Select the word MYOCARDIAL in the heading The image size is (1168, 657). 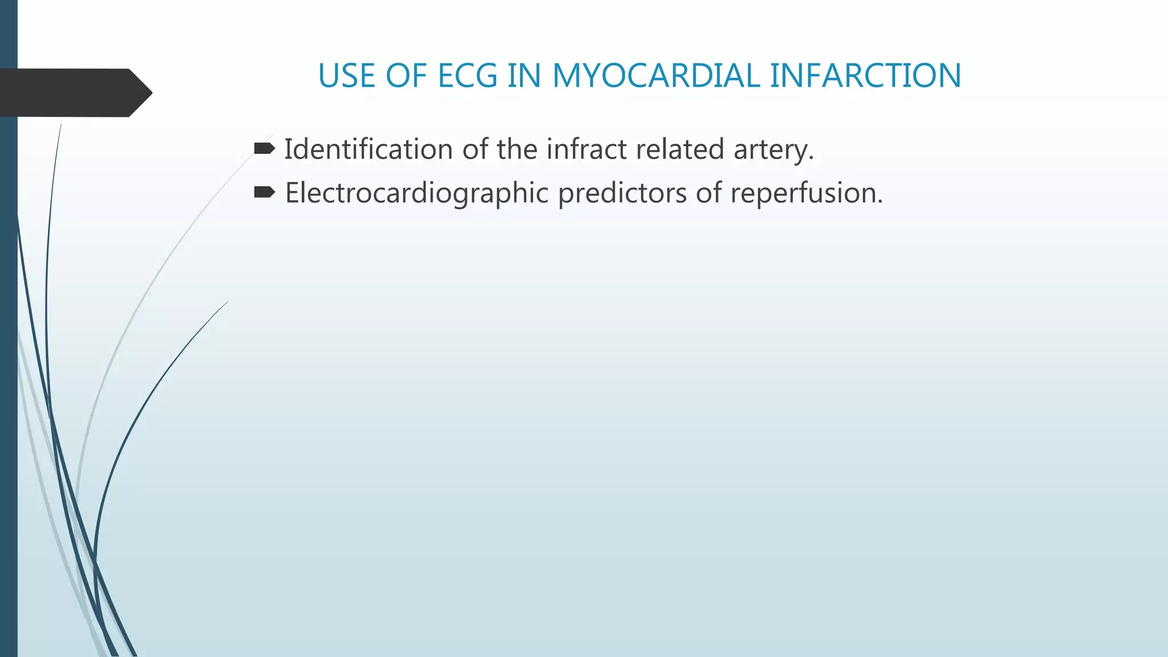click(x=656, y=76)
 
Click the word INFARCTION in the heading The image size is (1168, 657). click(x=865, y=76)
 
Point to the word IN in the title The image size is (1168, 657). click(x=524, y=76)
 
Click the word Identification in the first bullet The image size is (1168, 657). click(x=368, y=149)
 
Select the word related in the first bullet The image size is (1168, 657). click(x=680, y=149)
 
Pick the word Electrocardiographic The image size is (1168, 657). click(x=416, y=193)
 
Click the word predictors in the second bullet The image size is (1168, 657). click(x=622, y=193)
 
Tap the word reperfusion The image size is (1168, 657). click(x=806, y=193)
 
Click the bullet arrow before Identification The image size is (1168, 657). click(x=264, y=149)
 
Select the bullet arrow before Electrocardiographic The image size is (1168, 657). click(x=264, y=192)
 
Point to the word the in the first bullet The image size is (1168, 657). click(x=517, y=149)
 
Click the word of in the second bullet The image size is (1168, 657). click(x=708, y=193)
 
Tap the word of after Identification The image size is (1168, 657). click(x=475, y=149)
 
